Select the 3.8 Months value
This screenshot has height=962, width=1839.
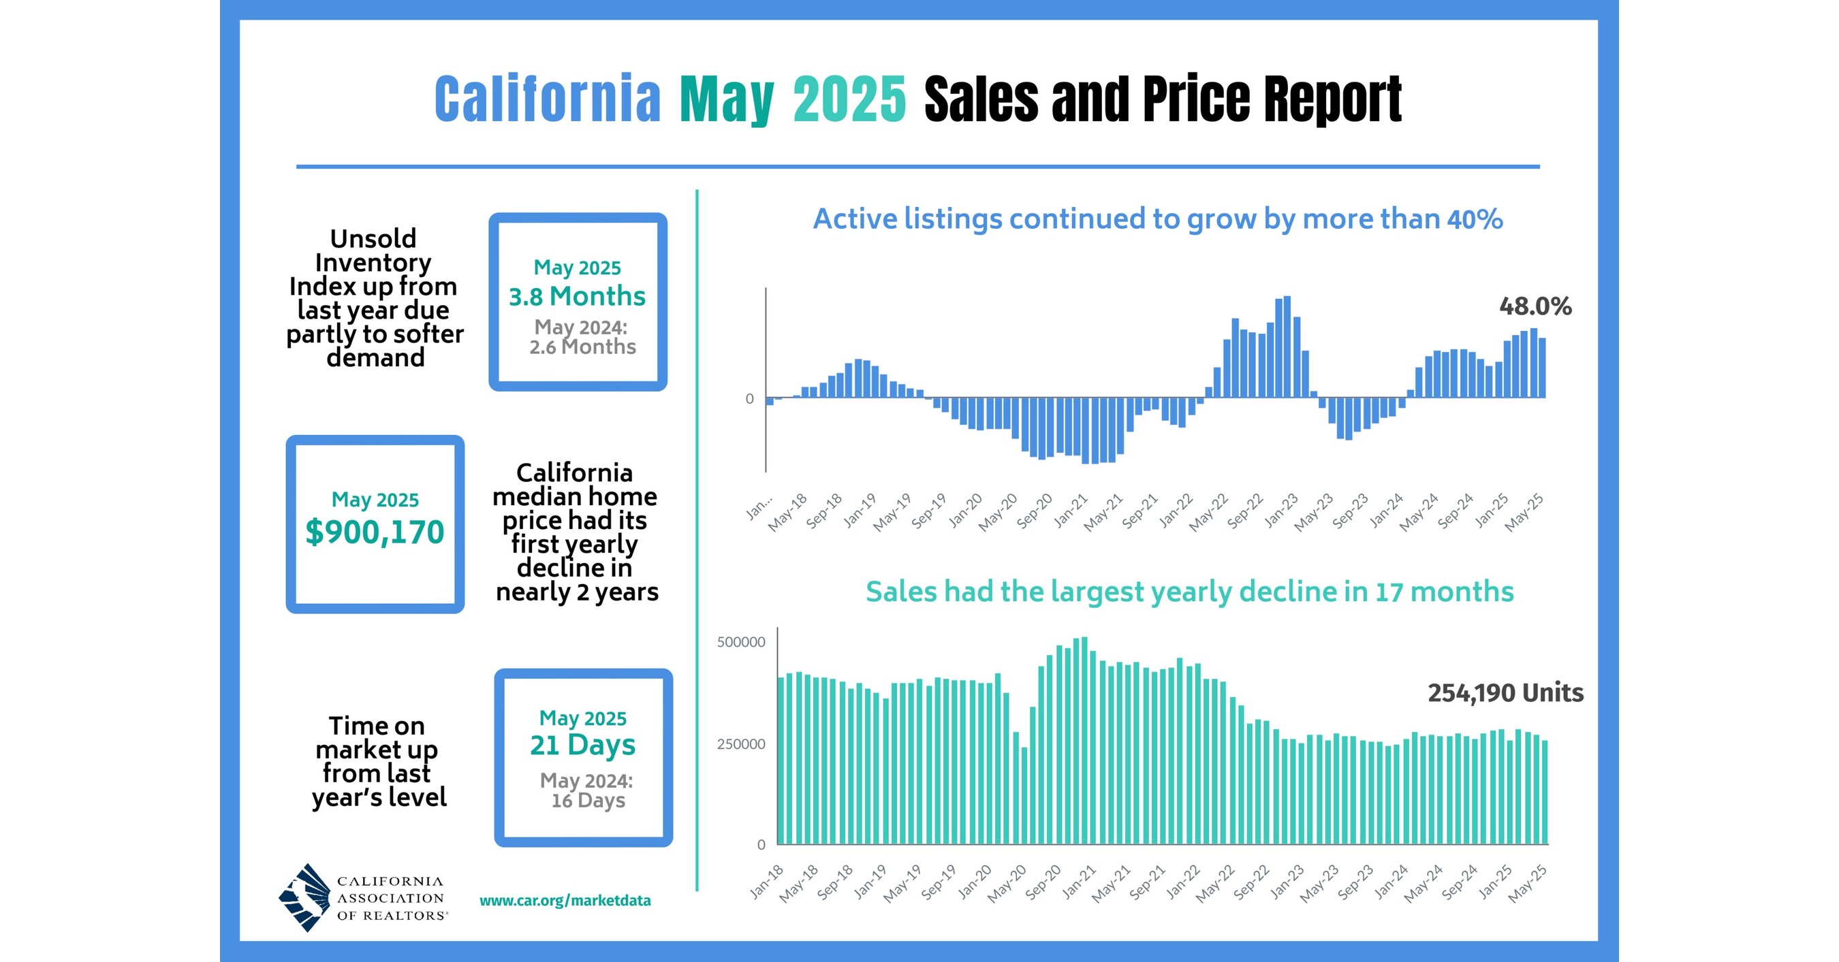[x=577, y=296]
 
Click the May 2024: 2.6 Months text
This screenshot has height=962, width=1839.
[x=581, y=337]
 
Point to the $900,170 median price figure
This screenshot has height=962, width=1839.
[x=375, y=532]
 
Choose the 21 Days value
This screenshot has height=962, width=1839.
[x=582, y=745]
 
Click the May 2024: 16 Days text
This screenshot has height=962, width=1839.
[x=587, y=790]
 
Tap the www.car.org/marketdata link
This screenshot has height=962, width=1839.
[x=565, y=901]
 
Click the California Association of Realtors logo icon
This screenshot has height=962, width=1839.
[x=305, y=898]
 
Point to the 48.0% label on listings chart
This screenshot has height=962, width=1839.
[x=1535, y=307]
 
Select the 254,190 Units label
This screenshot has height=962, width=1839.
[x=1505, y=693]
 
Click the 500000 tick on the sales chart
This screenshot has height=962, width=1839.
[x=741, y=642]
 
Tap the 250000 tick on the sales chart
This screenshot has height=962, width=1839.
[x=741, y=744]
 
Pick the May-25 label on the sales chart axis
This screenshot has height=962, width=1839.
[x=1528, y=884]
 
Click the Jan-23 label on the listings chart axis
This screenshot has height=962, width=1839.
[x=1281, y=511]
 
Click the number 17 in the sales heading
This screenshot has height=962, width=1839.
[x=1389, y=592]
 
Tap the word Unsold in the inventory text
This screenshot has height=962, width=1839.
[x=373, y=238]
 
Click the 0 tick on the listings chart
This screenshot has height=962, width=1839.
[x=750, y=399]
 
